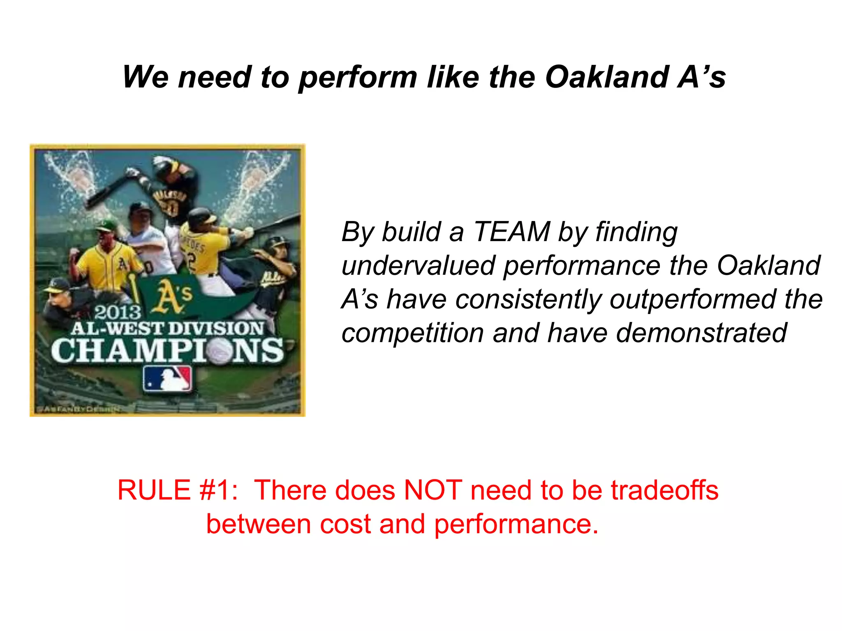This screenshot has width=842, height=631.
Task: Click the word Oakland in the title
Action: tap(607, 77)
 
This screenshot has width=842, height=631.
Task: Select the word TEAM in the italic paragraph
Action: tap(511, 232)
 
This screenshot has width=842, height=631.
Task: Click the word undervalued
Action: tap(418, 265)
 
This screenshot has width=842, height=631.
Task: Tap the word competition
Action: tap(413, 333)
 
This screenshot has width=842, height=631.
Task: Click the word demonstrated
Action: tap(701, 333)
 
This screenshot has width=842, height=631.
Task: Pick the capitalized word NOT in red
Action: tap(433, 491)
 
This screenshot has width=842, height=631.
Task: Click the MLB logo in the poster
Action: tap(167, 379)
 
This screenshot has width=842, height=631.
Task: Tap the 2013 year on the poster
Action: tap(118, 313)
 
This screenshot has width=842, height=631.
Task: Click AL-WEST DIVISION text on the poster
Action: tap(167, 329)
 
